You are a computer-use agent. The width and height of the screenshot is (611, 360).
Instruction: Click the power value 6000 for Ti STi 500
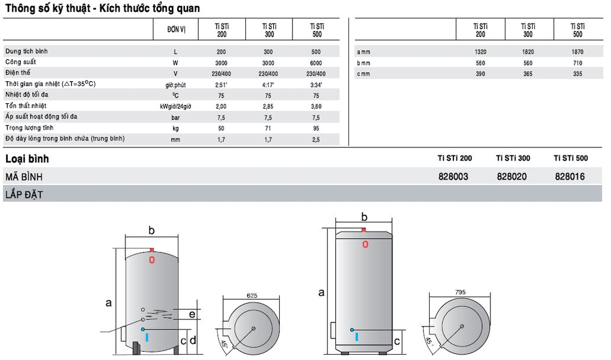316,63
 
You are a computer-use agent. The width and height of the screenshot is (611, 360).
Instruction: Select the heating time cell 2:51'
221,85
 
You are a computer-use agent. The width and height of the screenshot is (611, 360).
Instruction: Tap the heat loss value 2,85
268,106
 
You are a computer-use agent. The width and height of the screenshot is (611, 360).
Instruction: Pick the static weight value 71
268,128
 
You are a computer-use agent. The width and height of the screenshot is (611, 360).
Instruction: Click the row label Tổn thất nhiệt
26,106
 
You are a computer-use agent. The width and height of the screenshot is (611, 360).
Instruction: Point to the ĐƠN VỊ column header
176,30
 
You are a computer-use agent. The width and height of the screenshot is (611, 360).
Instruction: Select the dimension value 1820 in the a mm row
528,52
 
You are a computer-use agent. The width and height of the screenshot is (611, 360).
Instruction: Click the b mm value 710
578,63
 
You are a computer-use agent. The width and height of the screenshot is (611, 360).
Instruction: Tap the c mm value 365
528,73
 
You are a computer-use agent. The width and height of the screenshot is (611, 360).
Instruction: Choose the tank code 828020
511,177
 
